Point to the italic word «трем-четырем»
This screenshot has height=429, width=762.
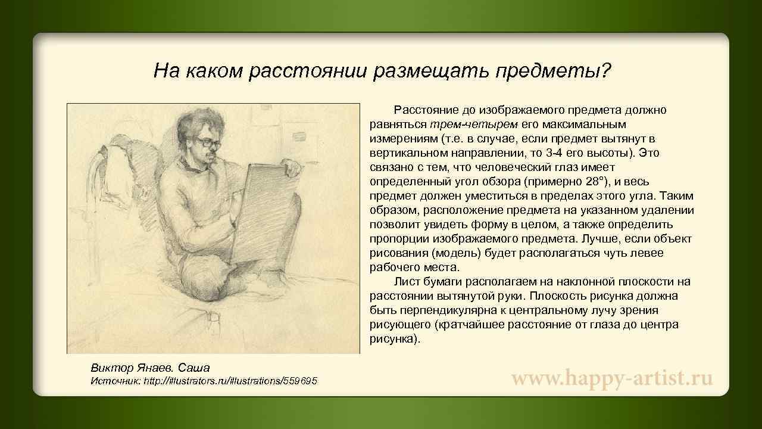pos(474,125)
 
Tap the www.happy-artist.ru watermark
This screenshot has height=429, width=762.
pos(613,378)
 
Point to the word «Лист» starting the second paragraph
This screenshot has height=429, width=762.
pos(405,282)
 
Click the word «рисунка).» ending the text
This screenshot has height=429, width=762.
pos(395,339)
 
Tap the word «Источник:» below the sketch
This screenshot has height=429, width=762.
pos(114,381)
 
